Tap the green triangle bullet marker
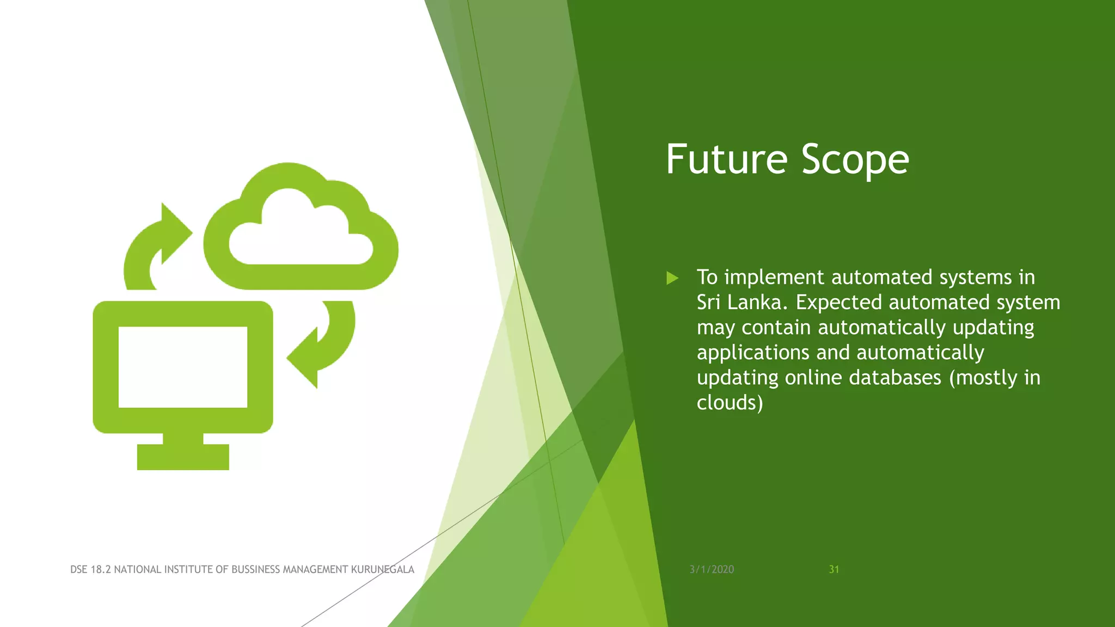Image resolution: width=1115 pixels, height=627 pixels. (672, 278)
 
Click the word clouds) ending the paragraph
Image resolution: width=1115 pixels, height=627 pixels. (730, 403)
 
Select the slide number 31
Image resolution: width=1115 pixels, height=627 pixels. (834, 569)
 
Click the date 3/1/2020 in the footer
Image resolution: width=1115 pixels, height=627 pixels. (712, 569)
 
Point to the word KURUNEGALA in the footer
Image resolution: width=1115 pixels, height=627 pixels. (382, 569)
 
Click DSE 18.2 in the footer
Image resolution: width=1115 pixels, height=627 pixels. (90, 569)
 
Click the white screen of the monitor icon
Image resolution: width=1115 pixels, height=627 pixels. (183, 366)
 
